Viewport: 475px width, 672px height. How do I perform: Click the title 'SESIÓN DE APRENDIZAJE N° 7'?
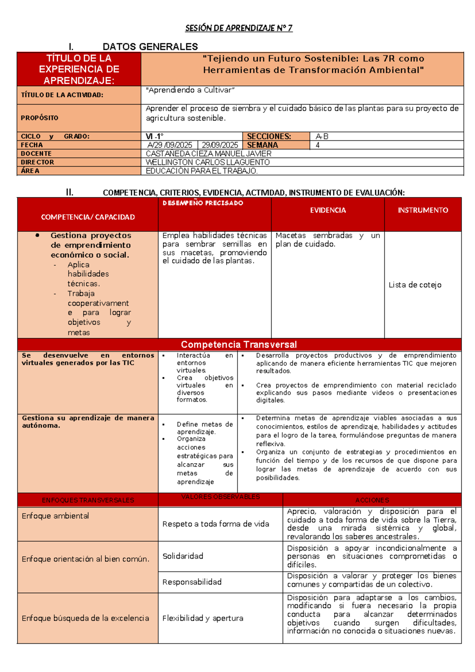[x=239, y=28]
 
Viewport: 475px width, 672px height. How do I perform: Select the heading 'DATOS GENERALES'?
[x=150, y=47]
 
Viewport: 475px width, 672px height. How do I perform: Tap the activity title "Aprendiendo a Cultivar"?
[x=190, y=90]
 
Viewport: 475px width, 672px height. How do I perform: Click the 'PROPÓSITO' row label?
[x=40, y=118]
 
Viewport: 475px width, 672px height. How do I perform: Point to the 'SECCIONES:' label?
[x=269, y=136]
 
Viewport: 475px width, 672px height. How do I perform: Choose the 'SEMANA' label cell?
[x=262, y=145]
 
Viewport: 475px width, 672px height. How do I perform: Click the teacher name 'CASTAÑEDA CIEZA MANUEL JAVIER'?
[x=209, y=154]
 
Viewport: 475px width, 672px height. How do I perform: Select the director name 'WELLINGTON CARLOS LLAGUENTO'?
[x=208, y=162]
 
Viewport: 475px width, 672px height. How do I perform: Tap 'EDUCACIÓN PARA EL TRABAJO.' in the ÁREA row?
[x=202, y=171]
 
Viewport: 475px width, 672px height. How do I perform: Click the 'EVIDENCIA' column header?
[x=328, y=210]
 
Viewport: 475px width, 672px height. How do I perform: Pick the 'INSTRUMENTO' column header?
[x=423, y=210]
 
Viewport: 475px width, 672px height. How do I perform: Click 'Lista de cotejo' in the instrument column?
[x=415, y=285]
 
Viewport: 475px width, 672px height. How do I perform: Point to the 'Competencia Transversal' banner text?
[x=239, y=344]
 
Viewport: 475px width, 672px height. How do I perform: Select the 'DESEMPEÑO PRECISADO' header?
[x=203, y=203]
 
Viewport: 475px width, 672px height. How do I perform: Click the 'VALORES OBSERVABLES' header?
[x=220, y=497]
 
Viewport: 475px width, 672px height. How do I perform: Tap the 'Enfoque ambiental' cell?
[x=55, y=516]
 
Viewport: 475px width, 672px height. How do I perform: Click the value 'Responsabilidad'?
[x=192, y=582]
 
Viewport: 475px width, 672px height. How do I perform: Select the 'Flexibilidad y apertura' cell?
[x=203, y=618]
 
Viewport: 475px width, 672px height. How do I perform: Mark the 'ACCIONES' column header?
[x=372, y=500]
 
